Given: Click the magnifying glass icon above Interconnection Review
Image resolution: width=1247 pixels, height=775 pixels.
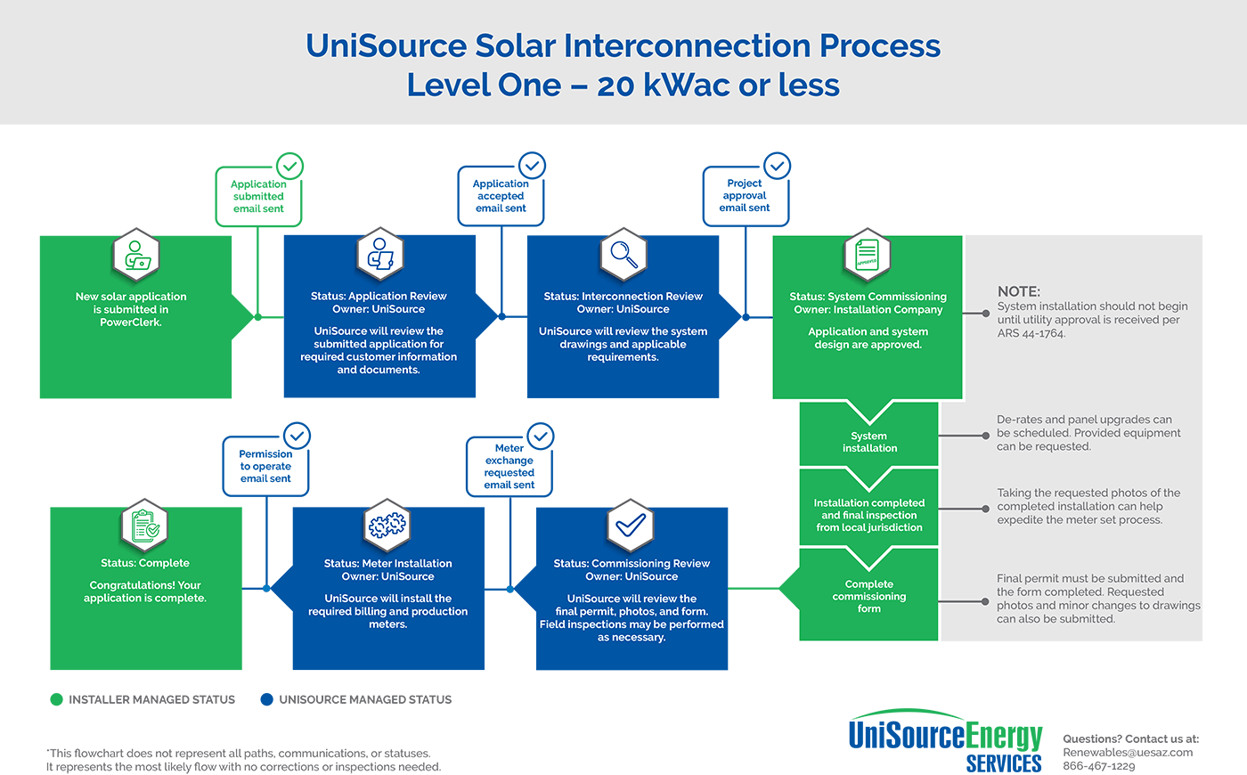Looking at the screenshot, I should click(623, 254).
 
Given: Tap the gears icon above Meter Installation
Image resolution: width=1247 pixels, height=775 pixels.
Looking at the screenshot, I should click(387, 526).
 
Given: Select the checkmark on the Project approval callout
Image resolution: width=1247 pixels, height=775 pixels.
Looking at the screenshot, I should click(777, 166).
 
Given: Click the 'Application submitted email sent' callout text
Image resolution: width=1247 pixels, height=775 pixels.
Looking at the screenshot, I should click(258, 197).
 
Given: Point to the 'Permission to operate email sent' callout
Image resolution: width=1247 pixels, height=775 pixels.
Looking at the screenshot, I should click(265, 466).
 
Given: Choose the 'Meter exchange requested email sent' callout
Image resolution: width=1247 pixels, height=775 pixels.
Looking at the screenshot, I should click(509, 467).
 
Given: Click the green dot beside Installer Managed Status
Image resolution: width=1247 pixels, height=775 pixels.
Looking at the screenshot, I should click(57, 699).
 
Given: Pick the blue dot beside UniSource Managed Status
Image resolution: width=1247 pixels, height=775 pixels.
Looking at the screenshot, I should click(266, 699).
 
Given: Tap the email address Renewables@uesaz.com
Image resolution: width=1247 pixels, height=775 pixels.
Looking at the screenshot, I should click(1127, 752).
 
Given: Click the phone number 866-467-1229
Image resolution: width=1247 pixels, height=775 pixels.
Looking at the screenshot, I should click(1098, 766).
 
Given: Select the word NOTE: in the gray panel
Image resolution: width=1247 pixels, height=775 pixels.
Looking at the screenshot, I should click(1018, 291).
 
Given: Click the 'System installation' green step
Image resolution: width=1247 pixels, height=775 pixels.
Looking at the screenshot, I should click(869, 442).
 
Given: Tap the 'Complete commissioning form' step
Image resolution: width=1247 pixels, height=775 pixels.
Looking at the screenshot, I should click(869, 596).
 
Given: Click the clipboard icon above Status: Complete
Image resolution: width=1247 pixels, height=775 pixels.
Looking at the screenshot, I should click(144, 526).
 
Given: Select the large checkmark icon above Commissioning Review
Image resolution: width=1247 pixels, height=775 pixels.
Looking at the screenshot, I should click(631, 526).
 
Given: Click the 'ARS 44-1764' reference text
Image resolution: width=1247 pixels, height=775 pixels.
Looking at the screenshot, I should click(1031, 333).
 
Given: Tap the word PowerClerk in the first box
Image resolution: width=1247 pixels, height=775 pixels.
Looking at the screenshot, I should click(130, 322).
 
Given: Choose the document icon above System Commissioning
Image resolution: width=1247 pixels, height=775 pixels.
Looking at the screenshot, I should click(867, 255).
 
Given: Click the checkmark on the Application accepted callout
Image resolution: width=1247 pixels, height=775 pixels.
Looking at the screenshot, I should click(532, 166).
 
